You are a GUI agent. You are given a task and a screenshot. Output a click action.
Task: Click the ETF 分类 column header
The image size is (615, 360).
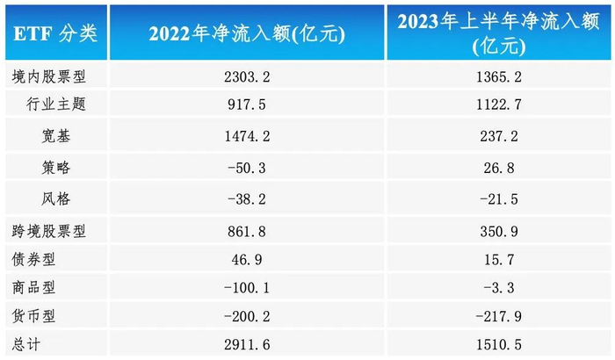pos(55,33)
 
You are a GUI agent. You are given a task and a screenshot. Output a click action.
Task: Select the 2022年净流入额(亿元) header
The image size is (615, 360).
pos(246,33)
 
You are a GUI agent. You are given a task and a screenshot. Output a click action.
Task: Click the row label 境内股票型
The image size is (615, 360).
pos(43,77)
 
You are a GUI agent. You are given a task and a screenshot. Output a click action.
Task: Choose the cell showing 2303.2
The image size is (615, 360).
pos(246,77)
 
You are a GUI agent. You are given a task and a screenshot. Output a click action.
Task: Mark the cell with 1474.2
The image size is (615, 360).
pos(246,136)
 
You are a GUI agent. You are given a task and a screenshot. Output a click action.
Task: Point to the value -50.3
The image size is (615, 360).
pos(246,167)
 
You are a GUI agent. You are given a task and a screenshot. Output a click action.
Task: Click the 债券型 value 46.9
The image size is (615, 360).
pos(246,260)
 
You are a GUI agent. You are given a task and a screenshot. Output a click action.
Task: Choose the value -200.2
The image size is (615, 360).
pos(246,314)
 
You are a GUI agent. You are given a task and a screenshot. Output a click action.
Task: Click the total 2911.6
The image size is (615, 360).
pos(246,342)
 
